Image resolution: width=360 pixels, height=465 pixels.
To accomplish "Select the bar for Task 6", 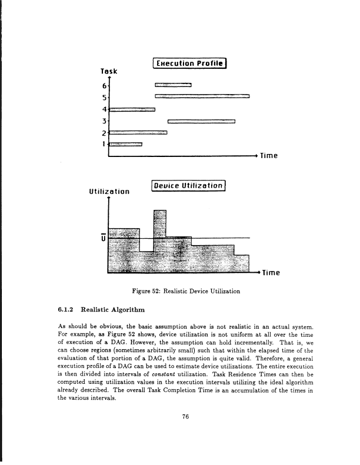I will tap(173, 85).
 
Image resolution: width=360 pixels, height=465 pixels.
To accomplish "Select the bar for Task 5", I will tap(202, 96).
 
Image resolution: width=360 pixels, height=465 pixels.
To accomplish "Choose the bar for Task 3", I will tap(201, 122).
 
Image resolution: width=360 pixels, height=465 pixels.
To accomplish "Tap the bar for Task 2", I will tap(138, 132).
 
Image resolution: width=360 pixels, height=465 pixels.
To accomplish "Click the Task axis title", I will tap(109, 71).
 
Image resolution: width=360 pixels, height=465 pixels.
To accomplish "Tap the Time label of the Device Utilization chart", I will tap(273, 273).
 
